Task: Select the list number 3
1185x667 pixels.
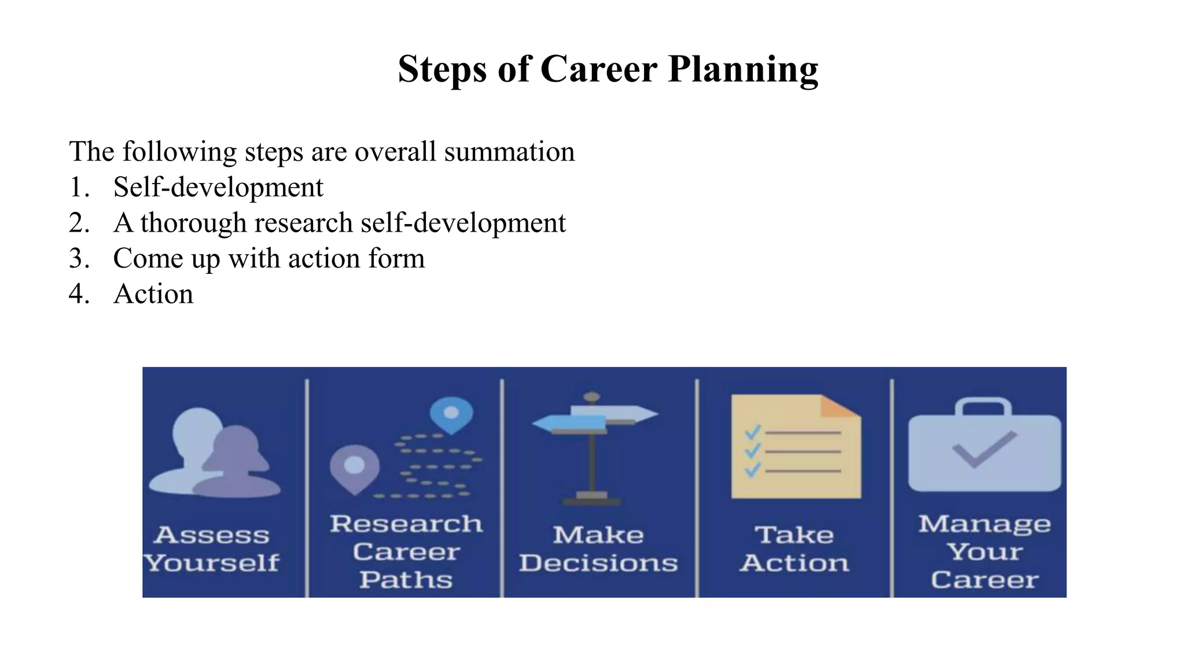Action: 78,258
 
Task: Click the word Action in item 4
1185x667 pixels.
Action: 153,294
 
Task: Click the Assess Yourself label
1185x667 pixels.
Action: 212,549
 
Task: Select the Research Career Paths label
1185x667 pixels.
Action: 406,552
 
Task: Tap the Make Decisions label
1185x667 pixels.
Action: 598,549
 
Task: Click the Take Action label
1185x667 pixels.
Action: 794,549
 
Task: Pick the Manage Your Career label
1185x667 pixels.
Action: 984,552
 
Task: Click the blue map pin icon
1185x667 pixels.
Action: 451,413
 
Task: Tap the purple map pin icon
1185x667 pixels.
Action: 354,466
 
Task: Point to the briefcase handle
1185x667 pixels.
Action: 983,406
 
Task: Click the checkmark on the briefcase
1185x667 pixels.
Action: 983,449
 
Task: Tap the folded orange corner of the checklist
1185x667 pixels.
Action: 838,406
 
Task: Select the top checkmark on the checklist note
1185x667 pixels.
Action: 752,432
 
